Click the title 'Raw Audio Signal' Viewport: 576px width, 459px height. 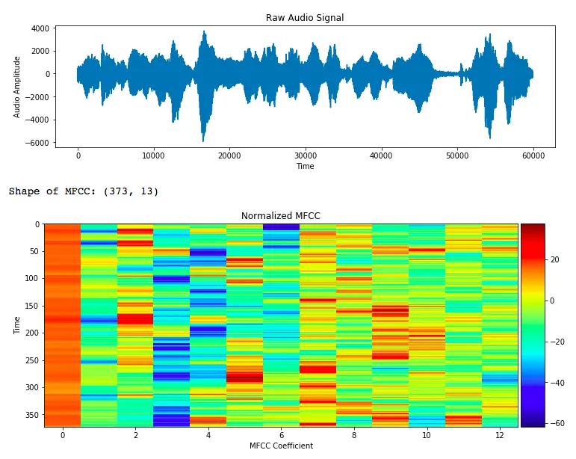pos(305,18)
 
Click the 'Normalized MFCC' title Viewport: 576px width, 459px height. pos(280,216)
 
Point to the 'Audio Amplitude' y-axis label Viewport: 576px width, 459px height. pos(17,86)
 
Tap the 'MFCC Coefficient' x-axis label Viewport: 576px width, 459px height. pos(280,446)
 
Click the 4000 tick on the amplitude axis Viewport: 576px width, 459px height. pos(40,28)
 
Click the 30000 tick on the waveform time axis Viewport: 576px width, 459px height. pos(305,155)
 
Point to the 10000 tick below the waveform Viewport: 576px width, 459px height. pos(153,155)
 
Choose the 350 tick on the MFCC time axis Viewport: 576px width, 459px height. pos(31,414)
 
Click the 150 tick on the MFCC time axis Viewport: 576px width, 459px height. pos(31,306)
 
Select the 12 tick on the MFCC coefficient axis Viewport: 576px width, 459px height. pos(499,434)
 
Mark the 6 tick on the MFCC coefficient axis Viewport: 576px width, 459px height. pos(280,434)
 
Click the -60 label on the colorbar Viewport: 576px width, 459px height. pos(557,423)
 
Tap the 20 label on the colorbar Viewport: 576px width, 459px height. pos(555,260)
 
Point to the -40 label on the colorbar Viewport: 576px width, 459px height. pos(557,383)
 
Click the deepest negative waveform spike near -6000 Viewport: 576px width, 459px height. pos(202,140)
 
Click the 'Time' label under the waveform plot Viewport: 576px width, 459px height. pos(305,166)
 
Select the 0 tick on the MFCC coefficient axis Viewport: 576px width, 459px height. pos(62,434)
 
